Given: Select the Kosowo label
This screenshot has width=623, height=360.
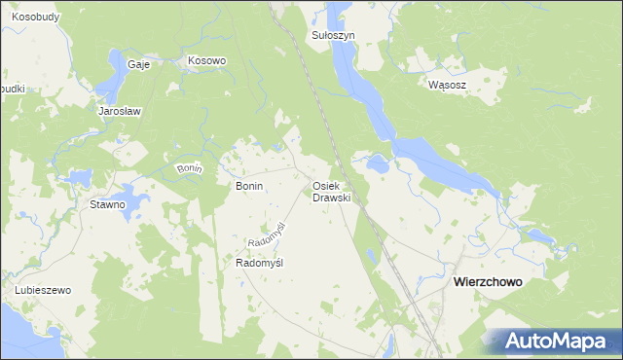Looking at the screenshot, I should coord(206,60).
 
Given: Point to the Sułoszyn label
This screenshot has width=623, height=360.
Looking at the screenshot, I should coord(333,35).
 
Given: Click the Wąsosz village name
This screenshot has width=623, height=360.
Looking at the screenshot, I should coord(448,85).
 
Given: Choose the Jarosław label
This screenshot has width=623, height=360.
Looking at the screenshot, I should coord(120,111).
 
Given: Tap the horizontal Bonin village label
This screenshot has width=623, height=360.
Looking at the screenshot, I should coord(250,185).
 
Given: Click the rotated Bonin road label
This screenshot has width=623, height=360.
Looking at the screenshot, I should coord(189,169).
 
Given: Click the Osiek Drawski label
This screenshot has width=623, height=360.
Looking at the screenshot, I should coord(331,192).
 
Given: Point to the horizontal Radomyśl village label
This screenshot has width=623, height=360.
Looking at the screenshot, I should coord(259,263).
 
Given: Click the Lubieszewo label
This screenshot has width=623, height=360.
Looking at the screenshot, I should coord(44,291).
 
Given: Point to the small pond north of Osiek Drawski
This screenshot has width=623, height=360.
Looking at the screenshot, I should coord(378,164).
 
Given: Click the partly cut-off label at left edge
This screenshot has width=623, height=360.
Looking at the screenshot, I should coord(11,89).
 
